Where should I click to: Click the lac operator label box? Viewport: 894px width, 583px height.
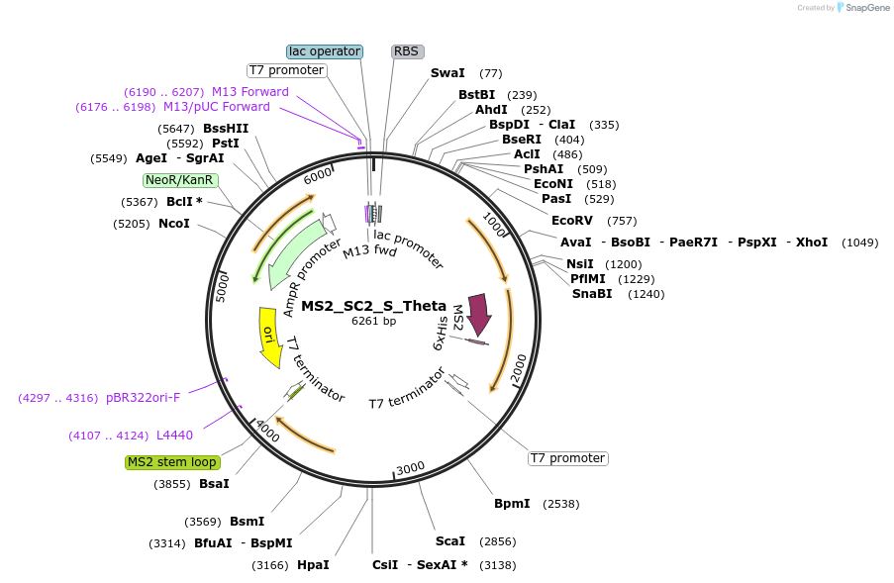(325, 51)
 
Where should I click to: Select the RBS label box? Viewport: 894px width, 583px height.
(406, 51)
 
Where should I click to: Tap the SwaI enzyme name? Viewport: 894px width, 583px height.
(447, 73)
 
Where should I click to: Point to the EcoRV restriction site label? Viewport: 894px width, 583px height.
(572, 221)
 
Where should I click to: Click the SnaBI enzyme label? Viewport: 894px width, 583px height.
(592, 294)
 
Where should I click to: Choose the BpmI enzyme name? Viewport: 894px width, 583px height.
(513, 504)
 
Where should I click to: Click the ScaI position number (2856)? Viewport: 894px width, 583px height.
(498, 542)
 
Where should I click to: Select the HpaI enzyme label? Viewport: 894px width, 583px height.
(313, 565)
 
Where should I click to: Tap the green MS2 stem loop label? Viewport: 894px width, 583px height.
(172, 462)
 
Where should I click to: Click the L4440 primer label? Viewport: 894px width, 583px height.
(174, 436)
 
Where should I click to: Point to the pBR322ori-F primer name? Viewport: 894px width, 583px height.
(144, 398)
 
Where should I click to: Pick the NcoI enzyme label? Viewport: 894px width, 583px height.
(174, 224)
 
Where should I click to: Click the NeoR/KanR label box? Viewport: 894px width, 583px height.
(179, 180)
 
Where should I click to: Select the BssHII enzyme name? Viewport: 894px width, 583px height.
(226, 129)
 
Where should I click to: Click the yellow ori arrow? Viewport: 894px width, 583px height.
(268, 337)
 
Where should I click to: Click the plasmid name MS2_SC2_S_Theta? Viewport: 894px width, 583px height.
(373, 306)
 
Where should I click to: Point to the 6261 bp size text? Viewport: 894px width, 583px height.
(373, 321)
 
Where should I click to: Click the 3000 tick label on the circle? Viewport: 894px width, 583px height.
(410, 468)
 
